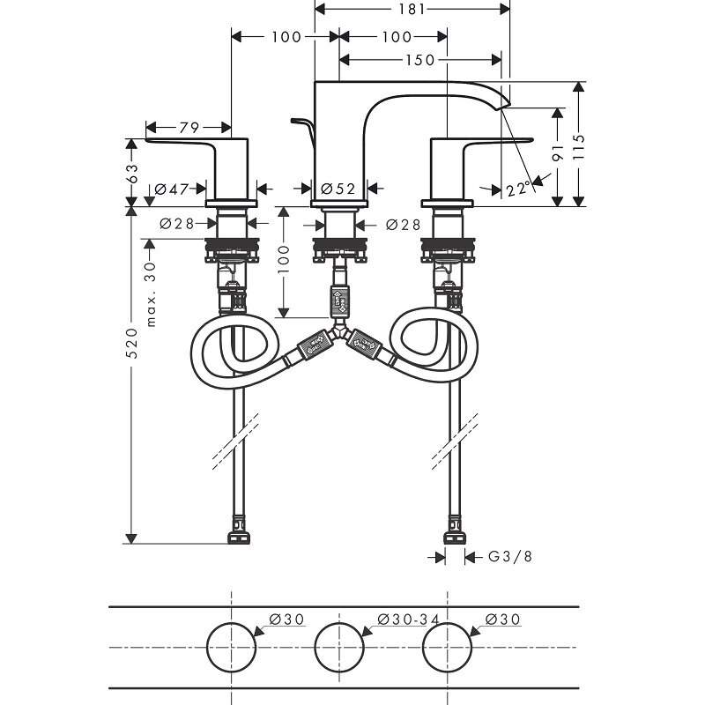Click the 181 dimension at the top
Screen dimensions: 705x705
(x=412, y=10)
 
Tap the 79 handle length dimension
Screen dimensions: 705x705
(x=187, y=129)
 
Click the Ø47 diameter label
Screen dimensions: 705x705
(x=174, y=189)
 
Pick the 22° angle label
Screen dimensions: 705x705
(x=520, y=189)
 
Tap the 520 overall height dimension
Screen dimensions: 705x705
(x=132, y=348)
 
